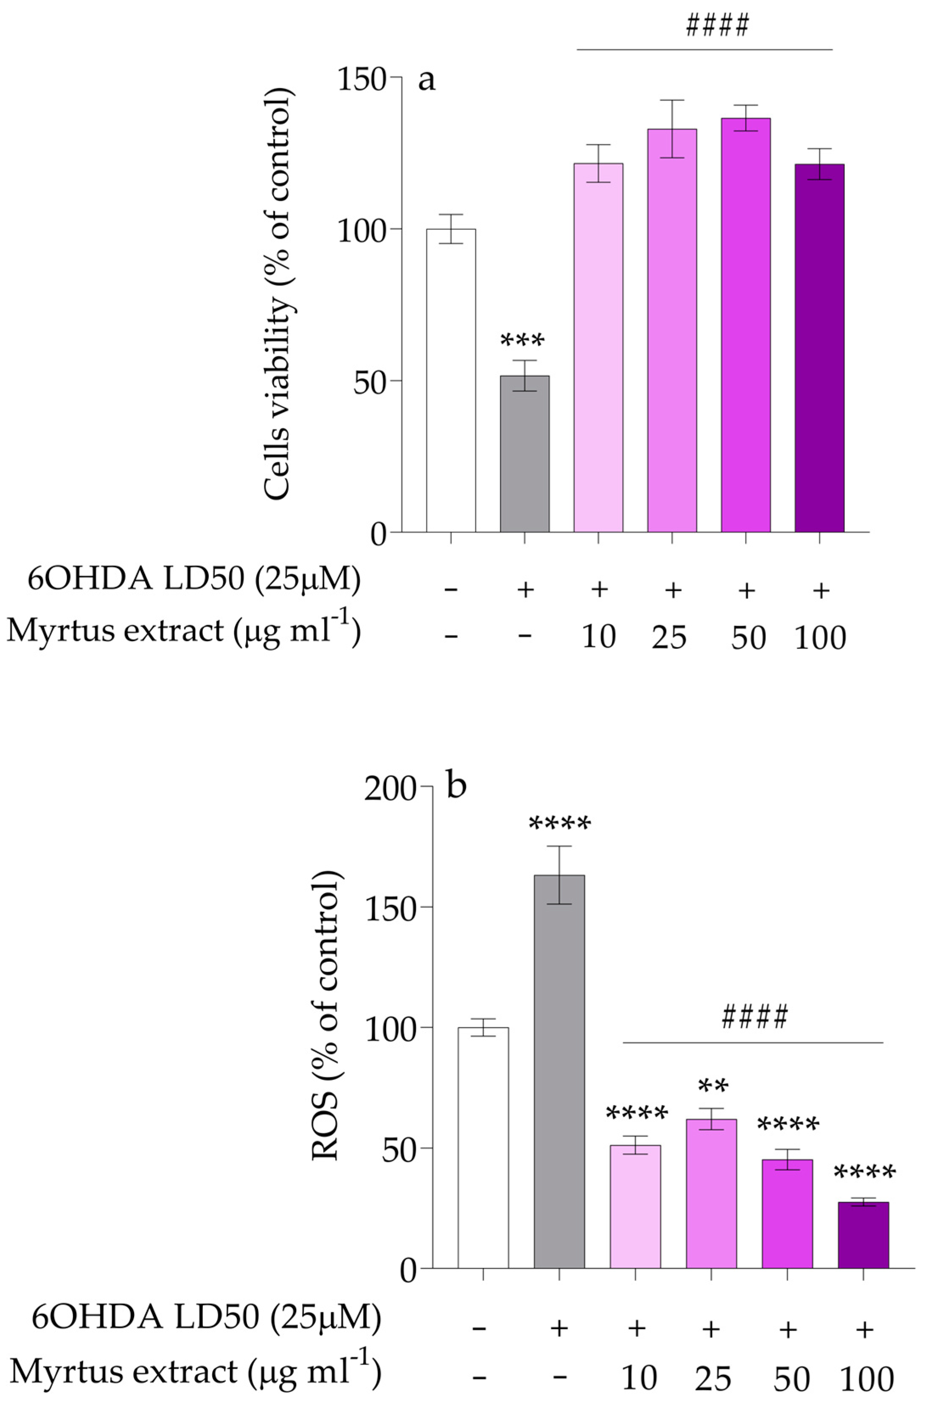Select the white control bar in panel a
click(451, 380)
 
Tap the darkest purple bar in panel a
click(819, 347)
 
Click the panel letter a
click(426, 79)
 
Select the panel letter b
click(456, 786)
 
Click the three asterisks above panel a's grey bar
click(523, 341)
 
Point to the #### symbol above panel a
click(717, 25)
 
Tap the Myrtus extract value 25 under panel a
click(670, 637)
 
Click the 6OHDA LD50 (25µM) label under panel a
click(194, 579)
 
